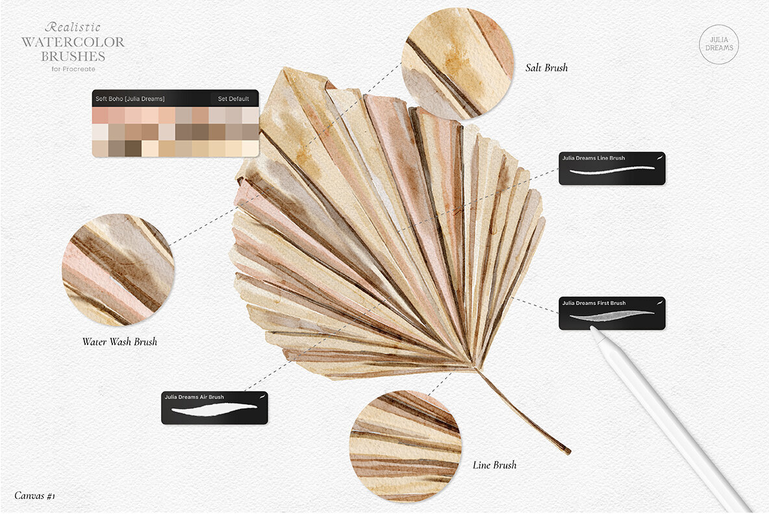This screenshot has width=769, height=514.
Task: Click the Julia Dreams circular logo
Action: point(718,44)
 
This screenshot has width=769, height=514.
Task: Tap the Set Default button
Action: point(233,99)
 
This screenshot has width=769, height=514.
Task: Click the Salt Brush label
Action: point(546,67)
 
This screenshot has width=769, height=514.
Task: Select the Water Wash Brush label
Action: point(120,341)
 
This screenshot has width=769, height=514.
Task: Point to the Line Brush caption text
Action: point(494,465)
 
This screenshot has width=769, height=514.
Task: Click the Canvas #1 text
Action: point(35,496)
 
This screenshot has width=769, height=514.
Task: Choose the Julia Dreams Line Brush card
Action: point(612,168)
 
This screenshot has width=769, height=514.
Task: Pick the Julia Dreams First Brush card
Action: point(612,313)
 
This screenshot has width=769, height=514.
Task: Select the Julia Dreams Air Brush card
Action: point(214,408)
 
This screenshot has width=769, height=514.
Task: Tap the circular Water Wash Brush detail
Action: point(118,269)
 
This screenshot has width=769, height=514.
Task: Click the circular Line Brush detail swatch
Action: point(405,447)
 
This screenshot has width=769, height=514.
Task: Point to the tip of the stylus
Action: point(592,330)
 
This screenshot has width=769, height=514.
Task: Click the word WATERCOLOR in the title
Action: point(73,43)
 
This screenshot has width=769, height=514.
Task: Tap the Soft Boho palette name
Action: point(130,99)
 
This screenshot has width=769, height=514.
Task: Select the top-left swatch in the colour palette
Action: point(100,116)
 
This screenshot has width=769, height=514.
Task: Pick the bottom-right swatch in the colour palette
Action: point(250,149)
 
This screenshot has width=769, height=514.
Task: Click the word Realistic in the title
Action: point(73,27)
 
